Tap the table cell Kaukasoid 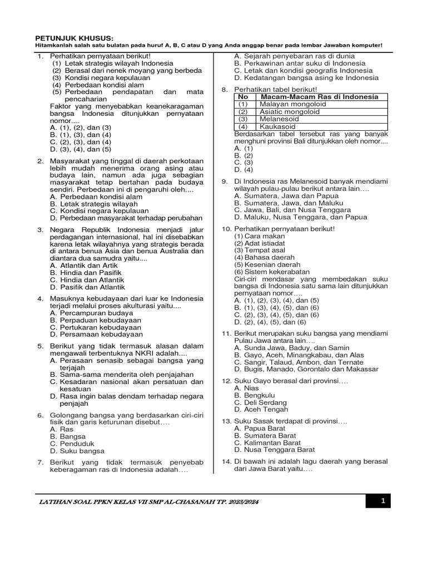(277, 126)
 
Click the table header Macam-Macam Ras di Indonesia (319, 97)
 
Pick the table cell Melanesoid (280, 119)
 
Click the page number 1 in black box (383, 501)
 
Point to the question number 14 (226, 461)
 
